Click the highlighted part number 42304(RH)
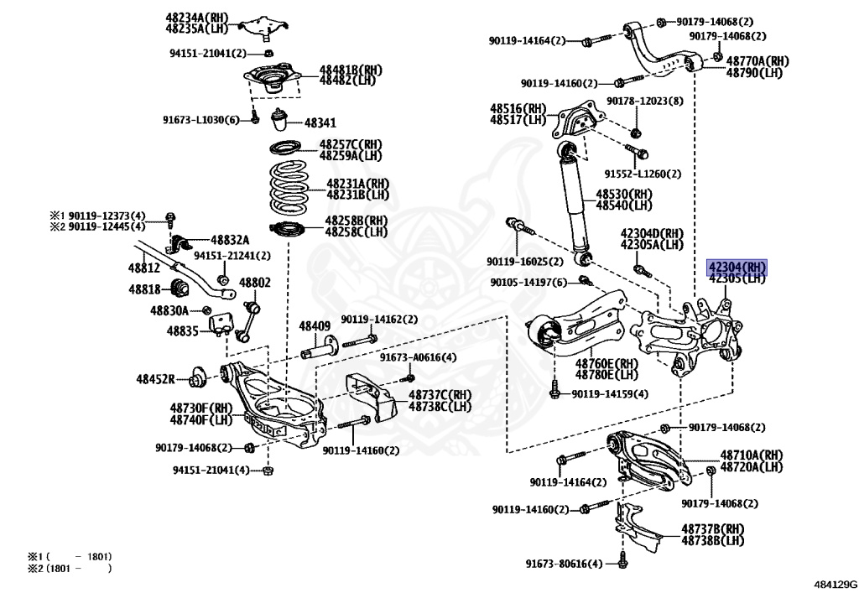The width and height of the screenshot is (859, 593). [737, 267]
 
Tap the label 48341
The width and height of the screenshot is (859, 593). [320, 122]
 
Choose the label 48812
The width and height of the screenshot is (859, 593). [143, 268]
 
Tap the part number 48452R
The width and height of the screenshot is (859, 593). [156, 379]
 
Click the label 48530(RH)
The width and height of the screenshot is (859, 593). [623, 194]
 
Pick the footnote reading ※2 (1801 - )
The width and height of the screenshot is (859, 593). [69, 568]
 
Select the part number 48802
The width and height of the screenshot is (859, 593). [256, 283]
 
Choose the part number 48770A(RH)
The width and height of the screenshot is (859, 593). [757, 61]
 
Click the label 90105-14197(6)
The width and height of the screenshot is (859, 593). [530, 282]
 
